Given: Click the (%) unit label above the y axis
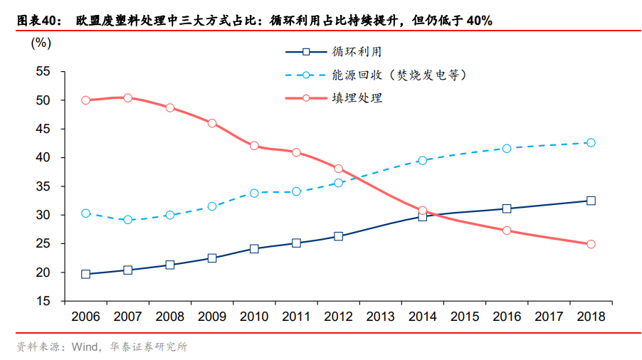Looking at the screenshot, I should click(x=41, y=43).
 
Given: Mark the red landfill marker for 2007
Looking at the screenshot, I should click(x=127, y=97).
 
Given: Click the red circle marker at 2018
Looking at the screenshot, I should click(x=591, y=244).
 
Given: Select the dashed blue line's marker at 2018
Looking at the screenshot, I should click(x=591, y=143).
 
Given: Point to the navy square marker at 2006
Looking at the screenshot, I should click(x=85, y=274).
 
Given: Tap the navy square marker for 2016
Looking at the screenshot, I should click(x=507, y=208).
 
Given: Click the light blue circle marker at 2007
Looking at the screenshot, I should click(x=127, y=220).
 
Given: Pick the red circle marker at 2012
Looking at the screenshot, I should click(x=338, y=169).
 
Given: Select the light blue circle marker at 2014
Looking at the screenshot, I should click(x=422, y=161).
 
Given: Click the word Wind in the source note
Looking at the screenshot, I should click(x=85, y=347).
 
